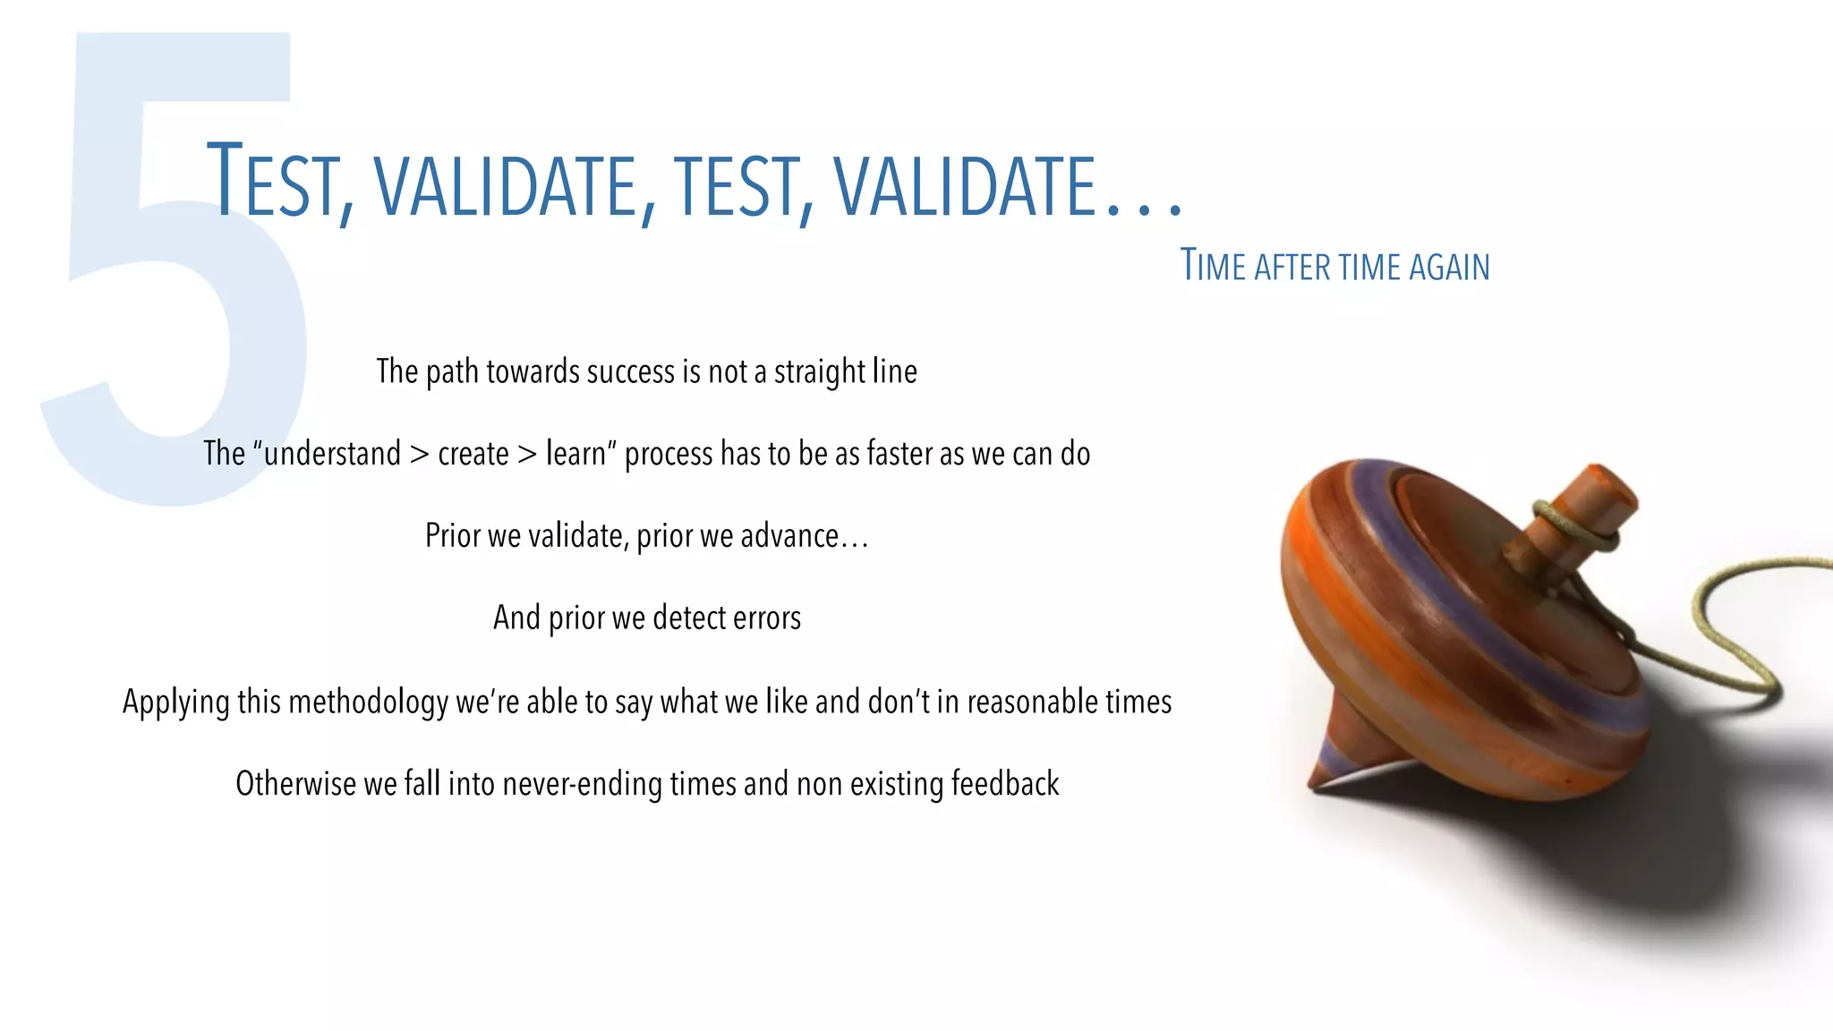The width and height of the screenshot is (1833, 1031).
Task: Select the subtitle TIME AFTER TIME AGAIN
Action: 1334,266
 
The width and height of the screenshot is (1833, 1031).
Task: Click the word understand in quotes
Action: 332,454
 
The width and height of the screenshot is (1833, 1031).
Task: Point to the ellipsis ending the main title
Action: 1145,210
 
